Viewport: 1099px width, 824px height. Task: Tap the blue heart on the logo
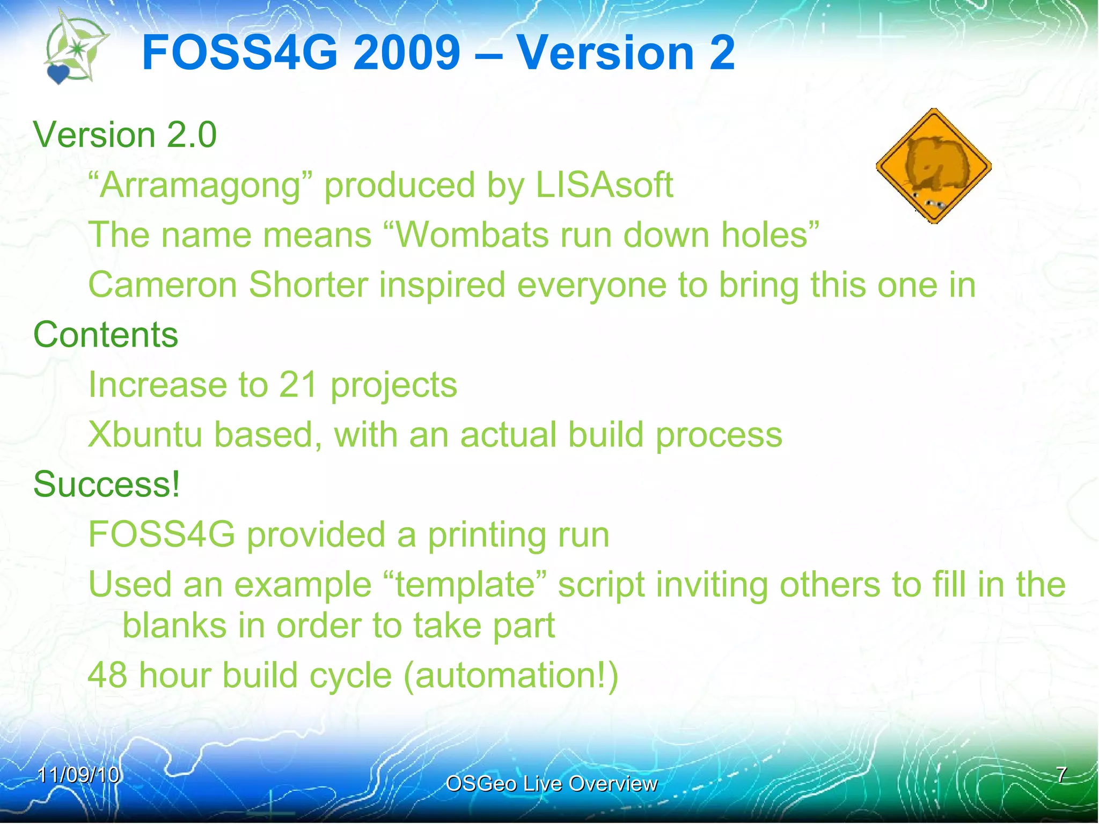pyautogui.click(x=58, y=73)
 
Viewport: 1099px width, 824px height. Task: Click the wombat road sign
pyautogui.click(x=933, y=166)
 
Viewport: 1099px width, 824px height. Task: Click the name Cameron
pyautogui.click(x=162, y=285)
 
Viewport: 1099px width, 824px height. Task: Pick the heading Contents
pyautogui.click(x=106, y=335)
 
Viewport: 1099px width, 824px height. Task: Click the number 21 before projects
pyautogui.click(x=298, y=385)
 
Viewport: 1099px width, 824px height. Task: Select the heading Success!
pyautogui.click(x=107, y=484)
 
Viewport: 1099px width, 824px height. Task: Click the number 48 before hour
pyautogui.click(x=107, y=675)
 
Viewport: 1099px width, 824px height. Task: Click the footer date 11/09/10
pyautogui.click(x=78, y=775)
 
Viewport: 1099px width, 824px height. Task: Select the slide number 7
pyautogui.click(x=1061, y=775)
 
